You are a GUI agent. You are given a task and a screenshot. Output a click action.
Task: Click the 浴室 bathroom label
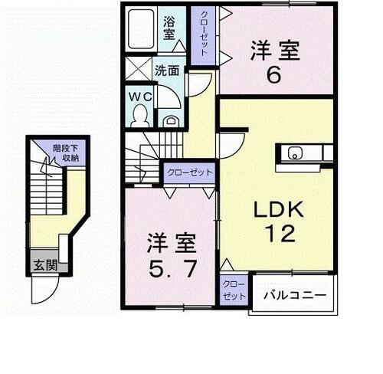tap(169, 28)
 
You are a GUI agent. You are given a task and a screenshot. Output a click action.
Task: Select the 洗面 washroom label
tap(168, 70)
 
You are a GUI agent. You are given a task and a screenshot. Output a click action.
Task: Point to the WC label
tap(140, 97)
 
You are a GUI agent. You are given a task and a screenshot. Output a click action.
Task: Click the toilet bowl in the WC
tap(139, 115)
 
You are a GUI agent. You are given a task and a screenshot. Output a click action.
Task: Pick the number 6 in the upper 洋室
tap(273, 75)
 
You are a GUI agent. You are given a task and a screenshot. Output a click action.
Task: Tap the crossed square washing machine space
tap(138, 67)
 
